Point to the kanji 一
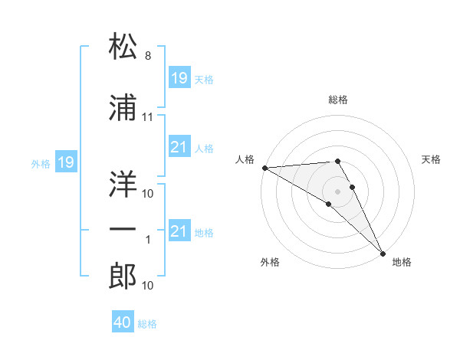(x=123, y=230)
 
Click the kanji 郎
(x=123, y=277)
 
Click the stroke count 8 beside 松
(x=147, y=57)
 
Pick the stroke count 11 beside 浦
(x=148, y=117)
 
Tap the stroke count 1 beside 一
(x=148, y=240)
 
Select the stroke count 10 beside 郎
(x=148, y=286)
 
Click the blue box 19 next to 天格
(x=179, y=78)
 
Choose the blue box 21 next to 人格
(x=179, y=147)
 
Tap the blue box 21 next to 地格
(x=179, y=231)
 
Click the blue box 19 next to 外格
(x=65, y=162)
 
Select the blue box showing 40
(x=123, y=322)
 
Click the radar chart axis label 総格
(x=337, y=100)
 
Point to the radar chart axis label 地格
(x=402, y=262)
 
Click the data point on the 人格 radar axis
(x=264, y=168)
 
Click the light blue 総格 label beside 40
(x=147, y=324)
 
